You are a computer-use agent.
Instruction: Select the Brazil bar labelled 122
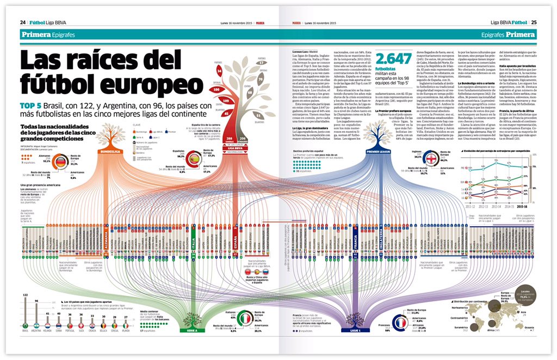(25, 312)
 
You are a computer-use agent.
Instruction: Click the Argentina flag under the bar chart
(37, 326)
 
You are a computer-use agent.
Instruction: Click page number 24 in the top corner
(23, 22)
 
